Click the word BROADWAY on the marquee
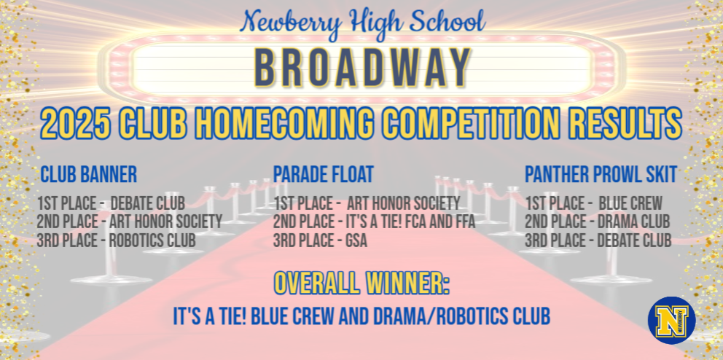(x=361, y=68)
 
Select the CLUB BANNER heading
(x=88, y=175)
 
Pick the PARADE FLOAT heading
(x=323, y=175)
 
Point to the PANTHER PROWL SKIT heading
(x=601, y=175)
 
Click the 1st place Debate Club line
(x=111, y=203)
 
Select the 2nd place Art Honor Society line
(x=129, y=221)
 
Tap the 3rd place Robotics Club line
(x=116, y=240)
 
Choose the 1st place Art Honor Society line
(x=367, y=203)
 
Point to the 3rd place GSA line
(x=320, y=240)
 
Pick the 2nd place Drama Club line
(x=598, y=221)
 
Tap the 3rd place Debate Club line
(x=598, y=240)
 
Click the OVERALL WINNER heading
(x=361, y=283)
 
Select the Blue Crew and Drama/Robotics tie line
(x=361, y=316)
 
